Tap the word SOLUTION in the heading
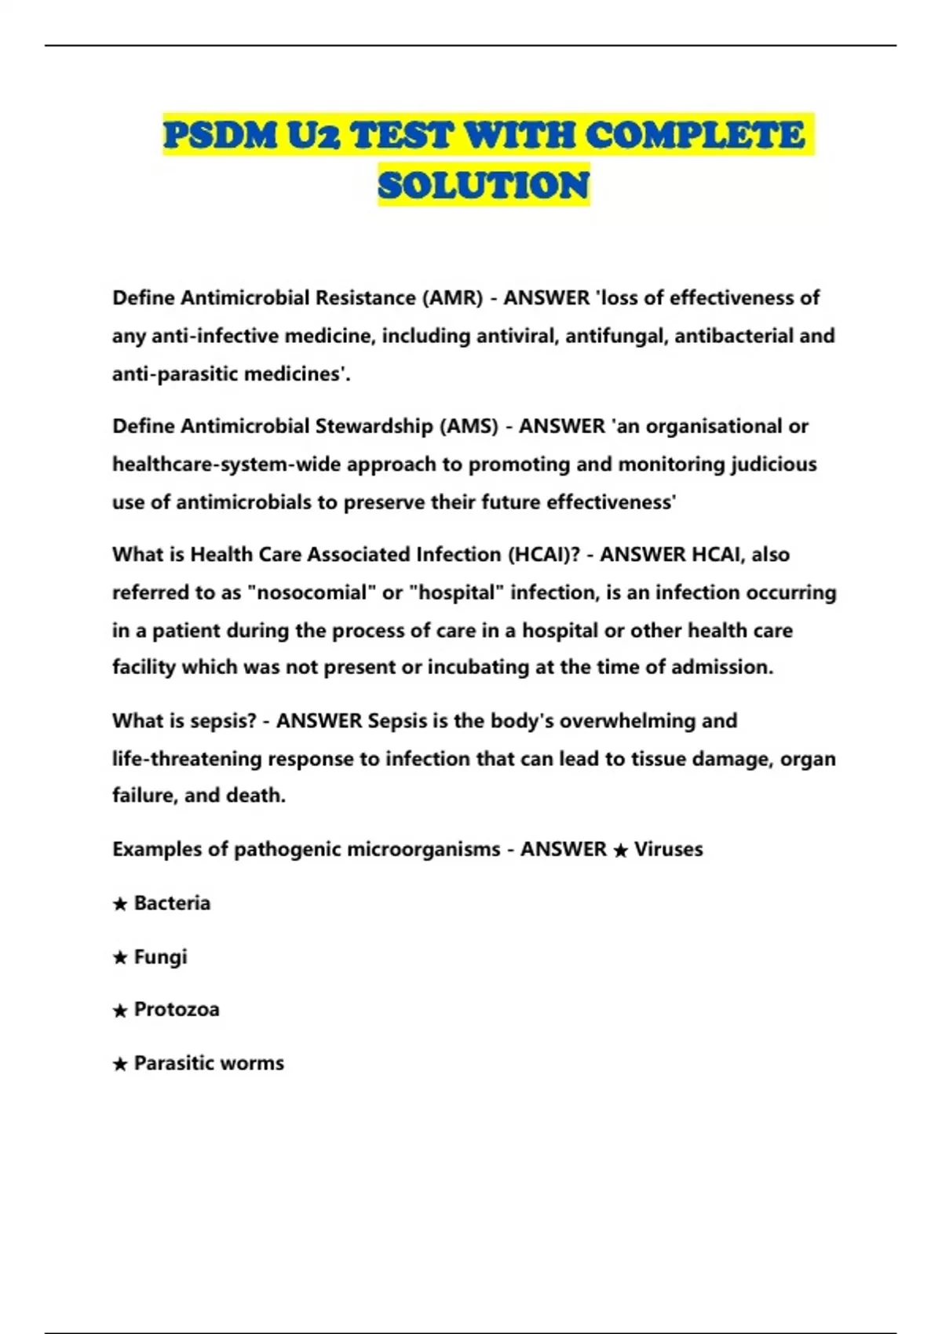[484, 186]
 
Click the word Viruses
[668, 849]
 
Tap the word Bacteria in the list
[172, 903]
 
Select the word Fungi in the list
[160, 957]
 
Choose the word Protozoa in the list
[177, 1009]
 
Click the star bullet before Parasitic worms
[120, 1064]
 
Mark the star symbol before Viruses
[620, 851]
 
